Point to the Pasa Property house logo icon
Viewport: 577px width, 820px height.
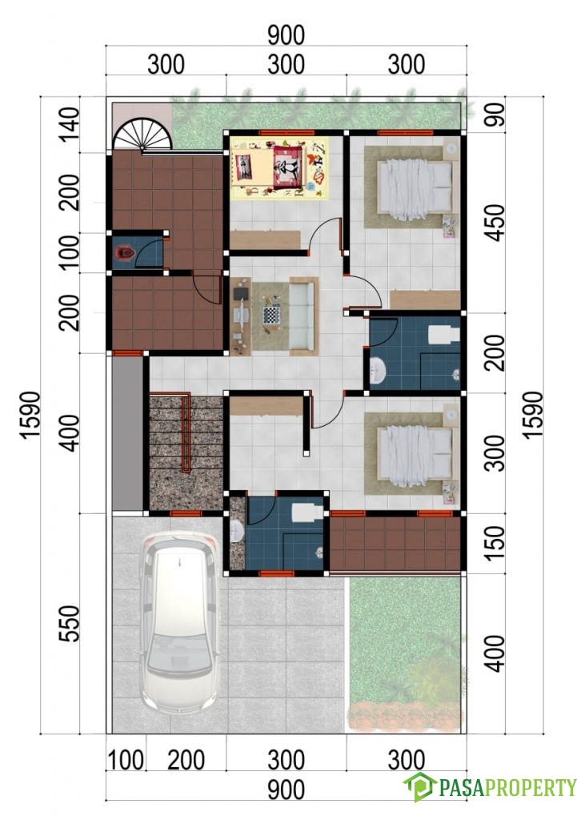(419, 786)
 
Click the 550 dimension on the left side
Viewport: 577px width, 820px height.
(69, 623)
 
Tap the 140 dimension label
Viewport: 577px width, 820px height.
(69, 124)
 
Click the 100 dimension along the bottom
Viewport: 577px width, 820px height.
(126, 760)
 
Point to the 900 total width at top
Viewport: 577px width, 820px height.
(286, 35)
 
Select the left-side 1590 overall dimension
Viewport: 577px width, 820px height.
(30, 416)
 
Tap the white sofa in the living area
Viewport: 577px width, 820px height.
(303, 316)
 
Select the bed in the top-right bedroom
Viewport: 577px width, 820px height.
(415, 188)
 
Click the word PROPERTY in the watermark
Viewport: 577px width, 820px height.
(531, 787)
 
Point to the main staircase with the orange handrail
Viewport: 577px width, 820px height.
(186, 452)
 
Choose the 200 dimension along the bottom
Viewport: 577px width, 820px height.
(186, 760)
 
